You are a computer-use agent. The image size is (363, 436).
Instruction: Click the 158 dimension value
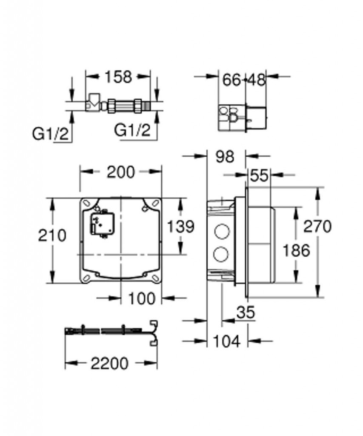click(x=118, y=77)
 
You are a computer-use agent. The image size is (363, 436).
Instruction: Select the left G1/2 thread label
click(x=50, y=134)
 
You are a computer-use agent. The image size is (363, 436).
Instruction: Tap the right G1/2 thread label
click(x=132, y=130)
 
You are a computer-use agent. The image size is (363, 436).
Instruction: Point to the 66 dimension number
click(x=232, y=80)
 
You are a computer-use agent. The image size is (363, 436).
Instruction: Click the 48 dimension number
click(x=257, y=80)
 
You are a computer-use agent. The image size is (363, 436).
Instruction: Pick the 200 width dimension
click(x=121, y=172)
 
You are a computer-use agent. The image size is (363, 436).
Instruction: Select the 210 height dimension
click(x=52, y=235)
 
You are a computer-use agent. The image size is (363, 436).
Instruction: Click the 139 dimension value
click(x=180, y=227)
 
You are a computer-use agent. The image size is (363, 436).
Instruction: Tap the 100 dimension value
click(x=142, y=299)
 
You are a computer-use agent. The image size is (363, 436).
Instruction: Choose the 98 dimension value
click(x=225, y=157)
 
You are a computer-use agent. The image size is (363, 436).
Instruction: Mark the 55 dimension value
click(x=259, y=176)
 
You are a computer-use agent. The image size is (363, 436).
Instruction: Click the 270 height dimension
click(x=317, y=226)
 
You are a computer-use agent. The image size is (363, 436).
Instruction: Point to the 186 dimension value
click(x=296, y=250)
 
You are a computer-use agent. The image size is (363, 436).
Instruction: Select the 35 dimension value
click(x=246, y=312)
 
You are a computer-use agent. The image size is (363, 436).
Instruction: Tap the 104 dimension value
click(x=226, y=341)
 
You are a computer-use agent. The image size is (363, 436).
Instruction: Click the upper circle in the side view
click(x=222, y=232)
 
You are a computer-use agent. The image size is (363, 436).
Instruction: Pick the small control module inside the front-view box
click(x=102, y=224)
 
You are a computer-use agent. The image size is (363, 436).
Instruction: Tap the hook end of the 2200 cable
click(x=154, y=333)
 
